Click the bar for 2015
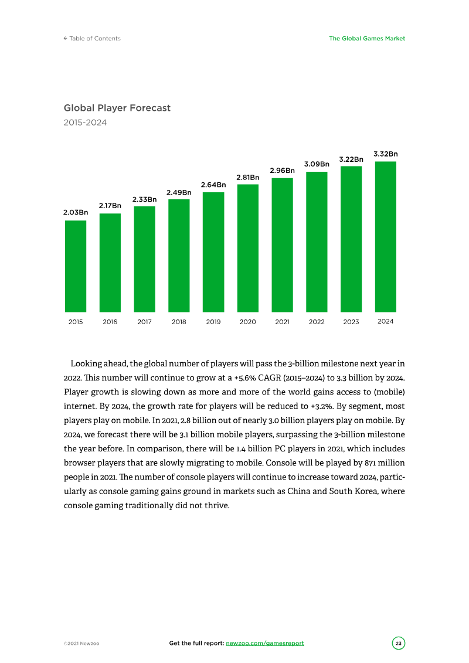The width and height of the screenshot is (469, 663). click(76, 266)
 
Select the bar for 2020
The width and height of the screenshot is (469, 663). click(248, 248)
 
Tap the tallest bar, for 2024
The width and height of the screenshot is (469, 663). click(386, 237)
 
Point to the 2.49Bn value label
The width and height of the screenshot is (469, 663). click(179, 192)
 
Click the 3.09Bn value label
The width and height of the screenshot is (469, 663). click(317, 164)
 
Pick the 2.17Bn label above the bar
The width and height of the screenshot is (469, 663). click(110, 206)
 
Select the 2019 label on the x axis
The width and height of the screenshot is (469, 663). click(213, 322)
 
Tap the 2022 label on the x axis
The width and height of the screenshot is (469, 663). click(317, 322)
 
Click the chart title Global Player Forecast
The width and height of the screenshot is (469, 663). click(117, 108)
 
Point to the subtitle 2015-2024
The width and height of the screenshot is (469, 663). click(85, 123)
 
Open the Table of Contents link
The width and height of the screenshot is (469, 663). click(92, 39)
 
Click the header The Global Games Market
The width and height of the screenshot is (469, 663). click(367, 39)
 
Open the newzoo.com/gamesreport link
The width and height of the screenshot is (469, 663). click(265, 643)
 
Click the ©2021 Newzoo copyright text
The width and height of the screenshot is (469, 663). click(81, 644)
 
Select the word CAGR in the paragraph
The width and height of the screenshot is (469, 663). click(270, 378)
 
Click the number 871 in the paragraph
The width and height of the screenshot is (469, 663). click(371, 463)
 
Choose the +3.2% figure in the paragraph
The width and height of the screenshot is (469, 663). click(322, 406)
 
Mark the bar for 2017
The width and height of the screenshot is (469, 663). click(145, 259)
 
